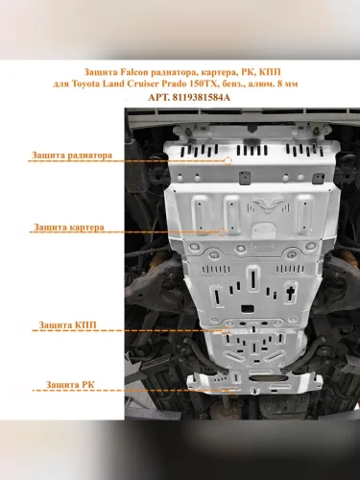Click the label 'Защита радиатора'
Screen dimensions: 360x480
[x=72, y=156]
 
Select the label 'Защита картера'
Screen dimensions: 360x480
[x=69, y=228]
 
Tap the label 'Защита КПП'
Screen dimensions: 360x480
[x=67, y=325]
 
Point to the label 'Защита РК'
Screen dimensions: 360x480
[x=70, y=385]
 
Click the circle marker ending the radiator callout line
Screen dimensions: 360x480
[x=228, y=161]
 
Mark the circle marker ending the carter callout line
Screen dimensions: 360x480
[x=222, y=232]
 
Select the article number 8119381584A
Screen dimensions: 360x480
[x=201, y=97]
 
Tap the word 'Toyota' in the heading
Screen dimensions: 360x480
[x=85, y=84]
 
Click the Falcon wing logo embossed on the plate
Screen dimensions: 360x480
[x=268, y=204]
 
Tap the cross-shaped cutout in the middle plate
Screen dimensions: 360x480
[x=291, y=294]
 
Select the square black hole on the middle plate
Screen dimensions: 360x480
[x=248, y=309]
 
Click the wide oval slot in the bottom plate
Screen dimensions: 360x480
[x=263, y=378]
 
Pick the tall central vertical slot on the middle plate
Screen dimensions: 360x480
[x=252, y=278]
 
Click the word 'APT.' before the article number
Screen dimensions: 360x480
[x=158, y=97]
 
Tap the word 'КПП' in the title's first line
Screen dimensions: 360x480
[x=270, y=72]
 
